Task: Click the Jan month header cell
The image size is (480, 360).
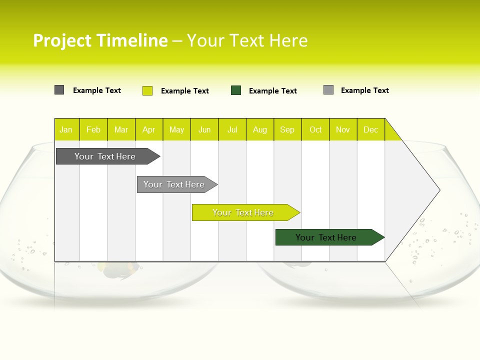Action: coord(66,129)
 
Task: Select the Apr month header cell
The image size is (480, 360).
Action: coord(149,129)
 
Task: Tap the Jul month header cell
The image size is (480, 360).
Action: coord(232,129)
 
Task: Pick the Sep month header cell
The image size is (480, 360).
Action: coord(287,129)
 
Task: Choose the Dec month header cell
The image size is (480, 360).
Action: coord(371,129)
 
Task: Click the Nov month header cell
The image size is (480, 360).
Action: coord(343,129)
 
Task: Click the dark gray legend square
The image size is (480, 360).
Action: coord(59,90)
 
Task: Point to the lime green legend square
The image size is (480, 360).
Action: coord(147,90)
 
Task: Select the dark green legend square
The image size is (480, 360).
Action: coord(236,90)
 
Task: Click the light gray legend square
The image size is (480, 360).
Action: coord(328,90)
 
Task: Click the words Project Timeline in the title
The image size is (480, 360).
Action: coord(100,40)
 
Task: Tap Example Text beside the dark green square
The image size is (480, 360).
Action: coord(273,91)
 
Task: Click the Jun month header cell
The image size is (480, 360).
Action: coord(204,129)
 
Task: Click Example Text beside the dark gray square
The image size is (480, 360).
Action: coord(97,90)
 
